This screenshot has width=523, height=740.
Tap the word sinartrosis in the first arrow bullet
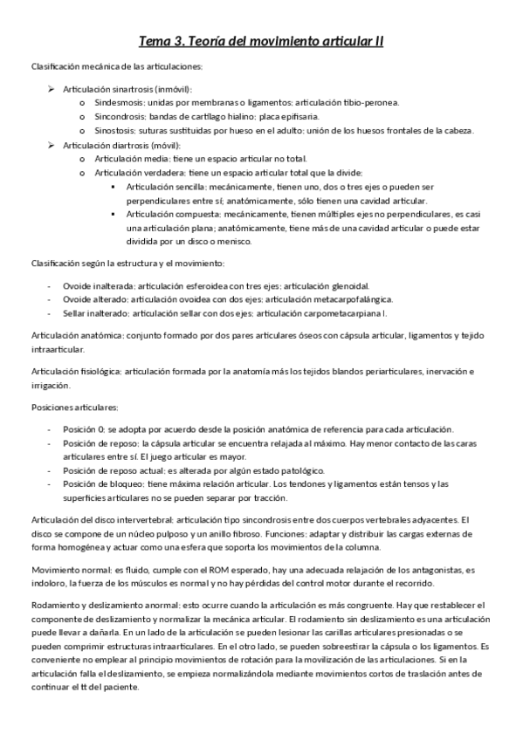tap(132, 89)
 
